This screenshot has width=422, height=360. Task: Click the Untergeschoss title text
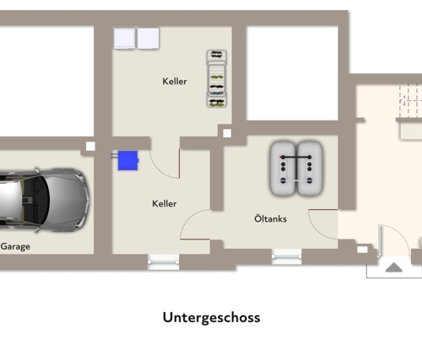pos(211,318)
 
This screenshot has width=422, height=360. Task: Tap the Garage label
pos(15,246)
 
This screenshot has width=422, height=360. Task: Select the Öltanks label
pos(270,218)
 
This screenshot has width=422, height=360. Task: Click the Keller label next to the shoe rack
pos(175,81)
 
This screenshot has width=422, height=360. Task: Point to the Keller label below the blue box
pos(165,203)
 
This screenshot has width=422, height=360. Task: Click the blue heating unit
pos(128,160)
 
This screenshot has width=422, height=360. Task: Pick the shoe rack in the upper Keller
pos(217,78)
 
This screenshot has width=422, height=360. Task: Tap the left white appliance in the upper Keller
pos(124,39)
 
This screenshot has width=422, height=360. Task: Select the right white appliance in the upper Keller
pos(149,39)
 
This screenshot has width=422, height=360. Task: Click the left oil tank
pos(283,169)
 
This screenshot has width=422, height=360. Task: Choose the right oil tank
pos(310,169)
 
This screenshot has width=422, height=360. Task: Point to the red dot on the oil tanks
pos(281,157)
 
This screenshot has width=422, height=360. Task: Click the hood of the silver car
pos(68,201)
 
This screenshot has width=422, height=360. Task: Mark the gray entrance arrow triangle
pos(394,267)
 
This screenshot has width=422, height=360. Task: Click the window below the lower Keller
pos(164,262)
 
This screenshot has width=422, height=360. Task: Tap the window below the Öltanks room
pos(286,256)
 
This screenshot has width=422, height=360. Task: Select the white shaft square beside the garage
pos(90,146)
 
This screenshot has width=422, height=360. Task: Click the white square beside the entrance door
pos(362,250)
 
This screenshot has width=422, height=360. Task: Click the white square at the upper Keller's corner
pos(227,133)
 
